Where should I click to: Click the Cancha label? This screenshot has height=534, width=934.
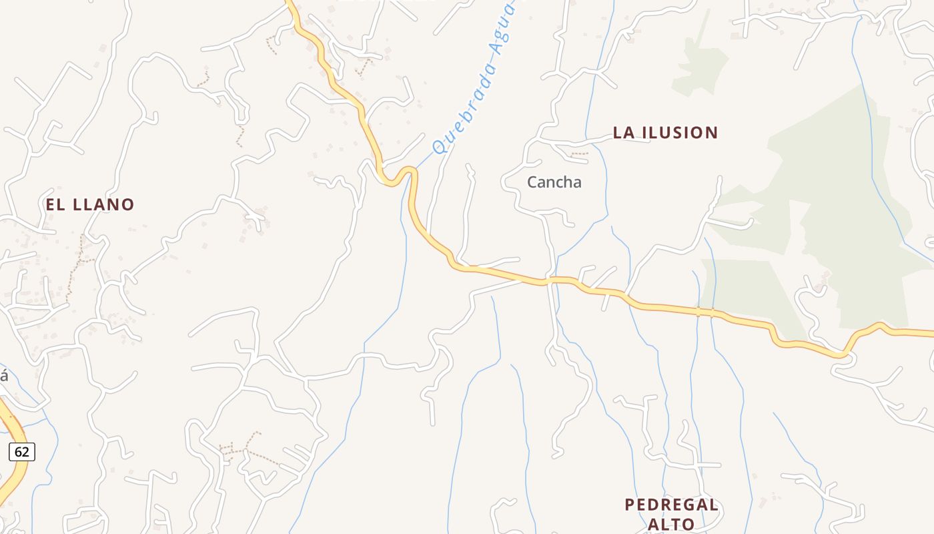[554, 182]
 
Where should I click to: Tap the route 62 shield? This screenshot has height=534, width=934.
[22, 452]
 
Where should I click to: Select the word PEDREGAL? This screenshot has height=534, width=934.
[671, 505]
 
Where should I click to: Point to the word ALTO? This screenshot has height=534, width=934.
[671, 525]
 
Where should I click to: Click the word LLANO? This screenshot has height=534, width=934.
[103, 205]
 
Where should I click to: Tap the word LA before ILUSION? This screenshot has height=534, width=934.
[624, 133]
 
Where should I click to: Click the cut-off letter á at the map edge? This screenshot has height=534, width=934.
[3, 376]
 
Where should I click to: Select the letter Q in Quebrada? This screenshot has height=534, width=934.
[440, 146]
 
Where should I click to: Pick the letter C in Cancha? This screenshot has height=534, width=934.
[532, 182]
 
